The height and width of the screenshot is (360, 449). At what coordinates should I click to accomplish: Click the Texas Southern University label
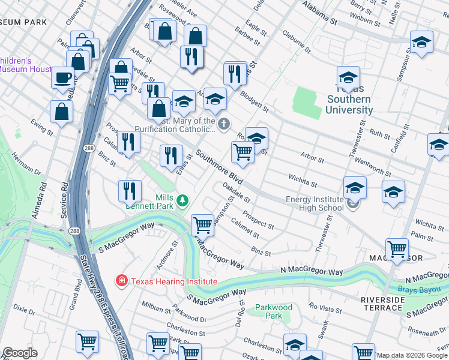[x=349, y=100]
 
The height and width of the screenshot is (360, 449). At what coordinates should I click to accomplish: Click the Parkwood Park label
[x=273, y=311]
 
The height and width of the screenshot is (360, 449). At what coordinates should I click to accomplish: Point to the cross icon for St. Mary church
[x=224, y=125]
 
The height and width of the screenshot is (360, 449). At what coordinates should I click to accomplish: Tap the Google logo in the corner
[x=19, y=353]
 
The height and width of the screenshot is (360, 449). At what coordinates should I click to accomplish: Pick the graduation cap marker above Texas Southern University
[x=348, y=78]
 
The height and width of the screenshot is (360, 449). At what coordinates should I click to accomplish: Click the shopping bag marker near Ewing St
[x=61, y=111]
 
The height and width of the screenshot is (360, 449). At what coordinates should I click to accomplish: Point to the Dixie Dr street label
[x=24, y=310]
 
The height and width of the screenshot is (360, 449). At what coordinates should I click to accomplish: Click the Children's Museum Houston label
[x=24, y=65]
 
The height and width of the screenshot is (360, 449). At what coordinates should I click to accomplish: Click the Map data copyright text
[x=412, y=355]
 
